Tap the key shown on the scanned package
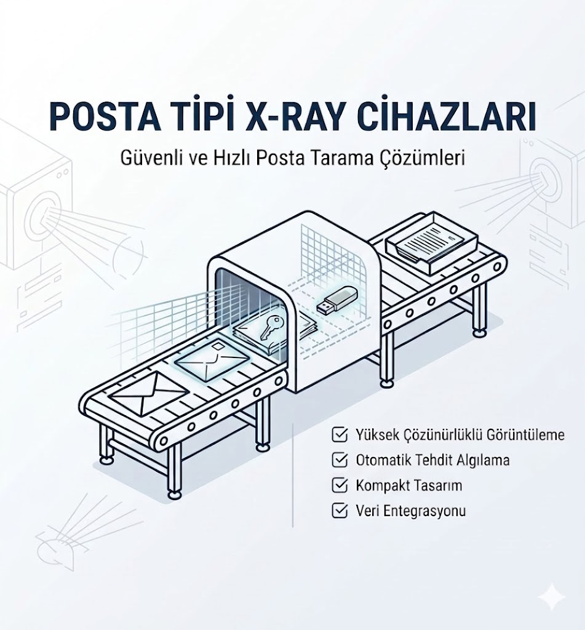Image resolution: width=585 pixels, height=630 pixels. pos(269,327)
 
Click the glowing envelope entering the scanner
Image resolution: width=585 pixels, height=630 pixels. pos(212,361)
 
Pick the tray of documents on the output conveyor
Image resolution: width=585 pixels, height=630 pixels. pos(431,240)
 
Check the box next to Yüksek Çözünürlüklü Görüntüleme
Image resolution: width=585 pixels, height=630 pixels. pos(338,436)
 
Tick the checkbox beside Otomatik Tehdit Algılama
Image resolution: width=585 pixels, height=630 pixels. pos(338,460)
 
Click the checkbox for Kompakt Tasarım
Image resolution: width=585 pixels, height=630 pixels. pos(338,485)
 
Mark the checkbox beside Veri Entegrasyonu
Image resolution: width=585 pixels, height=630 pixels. pos(338,510)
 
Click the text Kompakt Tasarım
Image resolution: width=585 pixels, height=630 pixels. pos(408,485)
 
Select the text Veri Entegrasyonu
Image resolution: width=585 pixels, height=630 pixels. pos(410,511)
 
